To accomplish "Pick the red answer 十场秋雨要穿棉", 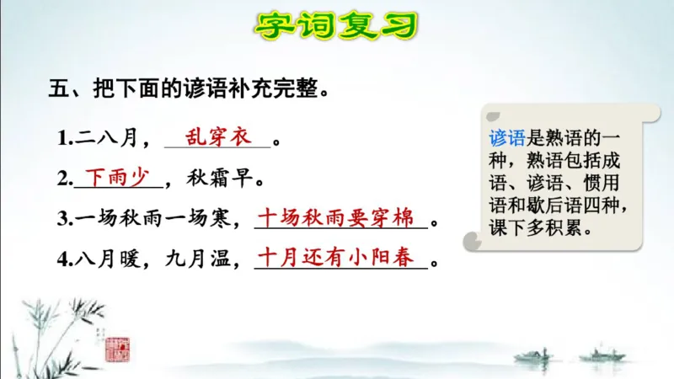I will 335,217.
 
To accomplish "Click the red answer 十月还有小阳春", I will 335,258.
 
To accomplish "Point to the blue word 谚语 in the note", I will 504,138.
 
